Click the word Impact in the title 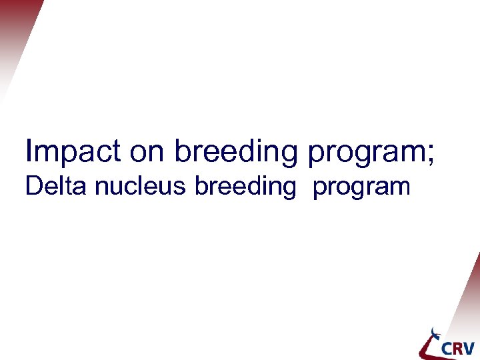(x=73, y=151)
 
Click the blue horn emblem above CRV (x=435, y=333)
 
